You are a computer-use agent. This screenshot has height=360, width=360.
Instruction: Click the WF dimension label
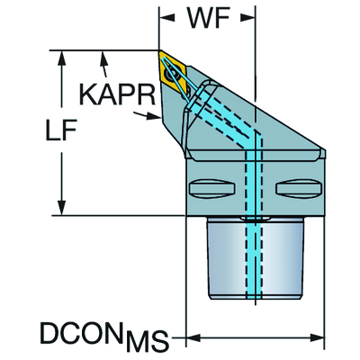(209, 17)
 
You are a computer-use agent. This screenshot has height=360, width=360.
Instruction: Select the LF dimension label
(61, 130)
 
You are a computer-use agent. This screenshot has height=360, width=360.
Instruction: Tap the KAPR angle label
(117, 94)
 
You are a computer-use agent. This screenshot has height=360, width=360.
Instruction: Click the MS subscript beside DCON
(147, 342)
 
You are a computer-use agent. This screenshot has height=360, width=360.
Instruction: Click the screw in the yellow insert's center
(173, 74)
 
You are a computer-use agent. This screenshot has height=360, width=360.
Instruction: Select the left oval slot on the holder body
(211, 188)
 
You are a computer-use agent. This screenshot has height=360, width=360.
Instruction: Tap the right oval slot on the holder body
(299, 189)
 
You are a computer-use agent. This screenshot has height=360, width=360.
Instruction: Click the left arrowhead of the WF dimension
(166, 18)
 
